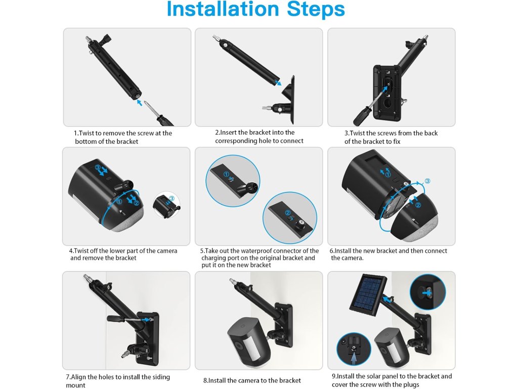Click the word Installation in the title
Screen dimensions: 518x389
223,9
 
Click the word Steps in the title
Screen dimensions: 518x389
316,10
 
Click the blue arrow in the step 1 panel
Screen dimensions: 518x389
140,102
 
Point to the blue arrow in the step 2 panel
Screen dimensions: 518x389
278,82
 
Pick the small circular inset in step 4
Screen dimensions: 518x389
166,205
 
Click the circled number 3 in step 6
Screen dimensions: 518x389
427,181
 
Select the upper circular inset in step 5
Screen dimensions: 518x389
233,181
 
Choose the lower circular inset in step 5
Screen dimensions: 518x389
289,218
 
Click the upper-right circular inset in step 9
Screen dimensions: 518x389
427,292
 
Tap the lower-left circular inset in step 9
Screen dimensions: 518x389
354,349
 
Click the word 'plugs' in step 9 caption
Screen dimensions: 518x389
411,384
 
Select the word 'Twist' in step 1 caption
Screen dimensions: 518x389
87,133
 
